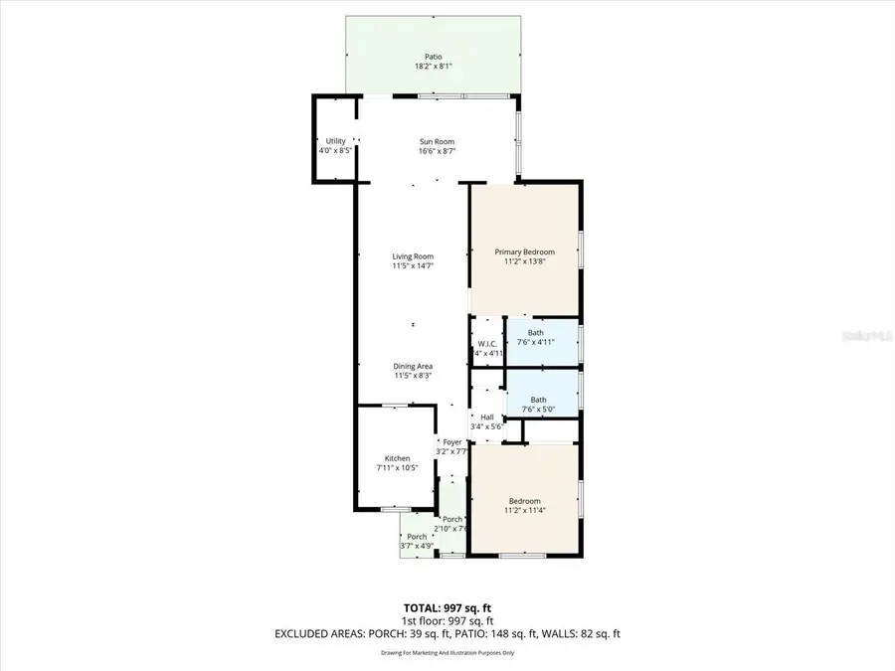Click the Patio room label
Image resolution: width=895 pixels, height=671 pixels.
point(428,57)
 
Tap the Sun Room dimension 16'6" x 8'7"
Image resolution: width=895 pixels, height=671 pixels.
point(437,151)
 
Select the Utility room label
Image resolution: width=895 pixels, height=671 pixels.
point(335,141)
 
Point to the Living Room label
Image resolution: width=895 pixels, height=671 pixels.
point(413,256)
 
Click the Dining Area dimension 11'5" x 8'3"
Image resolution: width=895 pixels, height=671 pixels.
point(413,376)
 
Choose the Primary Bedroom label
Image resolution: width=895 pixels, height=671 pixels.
point(525,252)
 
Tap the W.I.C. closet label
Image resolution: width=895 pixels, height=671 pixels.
point(487,344)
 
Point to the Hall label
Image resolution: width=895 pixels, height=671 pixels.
point(487,418)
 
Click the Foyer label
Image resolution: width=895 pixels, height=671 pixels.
point(452,441)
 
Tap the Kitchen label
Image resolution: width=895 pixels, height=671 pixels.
point(397,458)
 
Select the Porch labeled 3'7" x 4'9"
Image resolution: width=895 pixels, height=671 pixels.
point(417,537)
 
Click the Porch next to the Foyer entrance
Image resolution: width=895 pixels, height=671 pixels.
point(452,519)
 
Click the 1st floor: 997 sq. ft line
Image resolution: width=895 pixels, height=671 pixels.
point(447,619)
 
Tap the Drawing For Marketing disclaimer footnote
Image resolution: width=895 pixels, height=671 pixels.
point(447,653)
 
